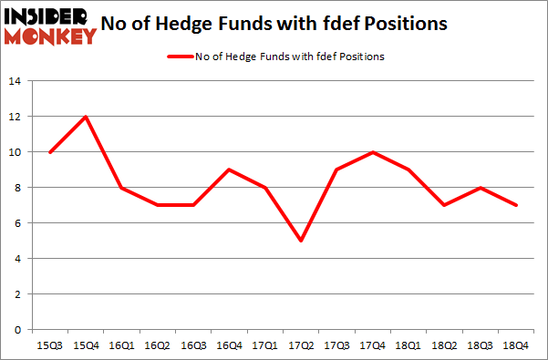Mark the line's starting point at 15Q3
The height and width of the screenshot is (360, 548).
49,152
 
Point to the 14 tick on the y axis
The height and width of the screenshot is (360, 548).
16,81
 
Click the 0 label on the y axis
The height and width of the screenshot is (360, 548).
19,330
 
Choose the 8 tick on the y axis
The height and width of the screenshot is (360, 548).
19,188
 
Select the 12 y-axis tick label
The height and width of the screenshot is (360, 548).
16,117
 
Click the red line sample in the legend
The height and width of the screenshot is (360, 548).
179,57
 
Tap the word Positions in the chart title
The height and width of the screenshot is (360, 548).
404,25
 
